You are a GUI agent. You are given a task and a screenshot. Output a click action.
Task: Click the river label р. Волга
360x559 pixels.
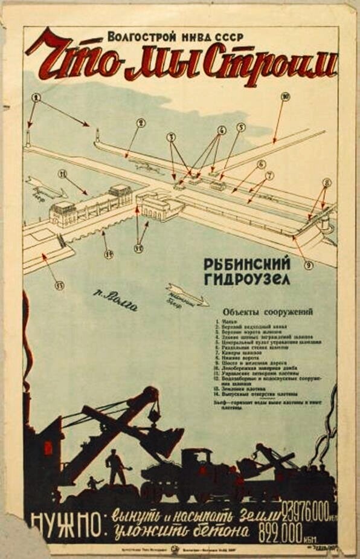point(115,300)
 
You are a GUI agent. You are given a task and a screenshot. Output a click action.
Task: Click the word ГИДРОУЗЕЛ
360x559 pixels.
point(246,279)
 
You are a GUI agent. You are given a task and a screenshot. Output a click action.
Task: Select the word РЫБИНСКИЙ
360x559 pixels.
point(246,264)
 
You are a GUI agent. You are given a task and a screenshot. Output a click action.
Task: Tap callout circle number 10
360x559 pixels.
point(286,97)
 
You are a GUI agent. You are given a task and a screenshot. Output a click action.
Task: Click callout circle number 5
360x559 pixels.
point(241,127)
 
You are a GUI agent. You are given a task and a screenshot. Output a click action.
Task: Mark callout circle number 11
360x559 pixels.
point(62,174)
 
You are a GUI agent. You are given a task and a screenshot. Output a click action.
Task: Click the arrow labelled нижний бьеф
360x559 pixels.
point(187,295)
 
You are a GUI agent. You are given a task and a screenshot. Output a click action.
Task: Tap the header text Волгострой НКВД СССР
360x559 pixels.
point(175,36)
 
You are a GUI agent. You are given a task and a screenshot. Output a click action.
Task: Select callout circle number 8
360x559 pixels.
point(327,182)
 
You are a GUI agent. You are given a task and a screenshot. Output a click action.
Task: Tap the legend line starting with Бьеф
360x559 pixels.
point(268,403)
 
